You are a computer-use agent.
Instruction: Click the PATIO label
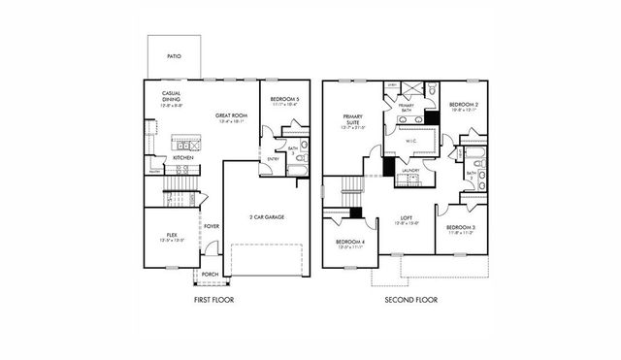173,57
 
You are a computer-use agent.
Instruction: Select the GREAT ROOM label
231,115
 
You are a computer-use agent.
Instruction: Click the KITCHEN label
182,157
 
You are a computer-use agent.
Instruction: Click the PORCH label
211,274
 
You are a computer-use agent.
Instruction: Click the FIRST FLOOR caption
213,300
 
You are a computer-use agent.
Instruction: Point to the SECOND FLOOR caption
410,300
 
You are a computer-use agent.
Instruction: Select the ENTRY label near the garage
271,159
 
